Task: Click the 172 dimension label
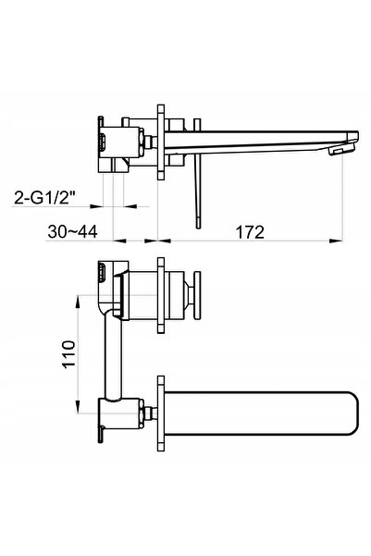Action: (250, 232)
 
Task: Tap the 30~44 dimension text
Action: (72, 232)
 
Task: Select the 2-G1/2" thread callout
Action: (45, 197)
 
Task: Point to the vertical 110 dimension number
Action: (68, 354)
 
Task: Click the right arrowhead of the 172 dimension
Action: (336, 241)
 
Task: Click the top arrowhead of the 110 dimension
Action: (78, 302)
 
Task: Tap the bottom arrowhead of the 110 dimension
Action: (78, 407)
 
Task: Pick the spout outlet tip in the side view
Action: (342, 151)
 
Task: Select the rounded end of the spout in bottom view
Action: (351, 413)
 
